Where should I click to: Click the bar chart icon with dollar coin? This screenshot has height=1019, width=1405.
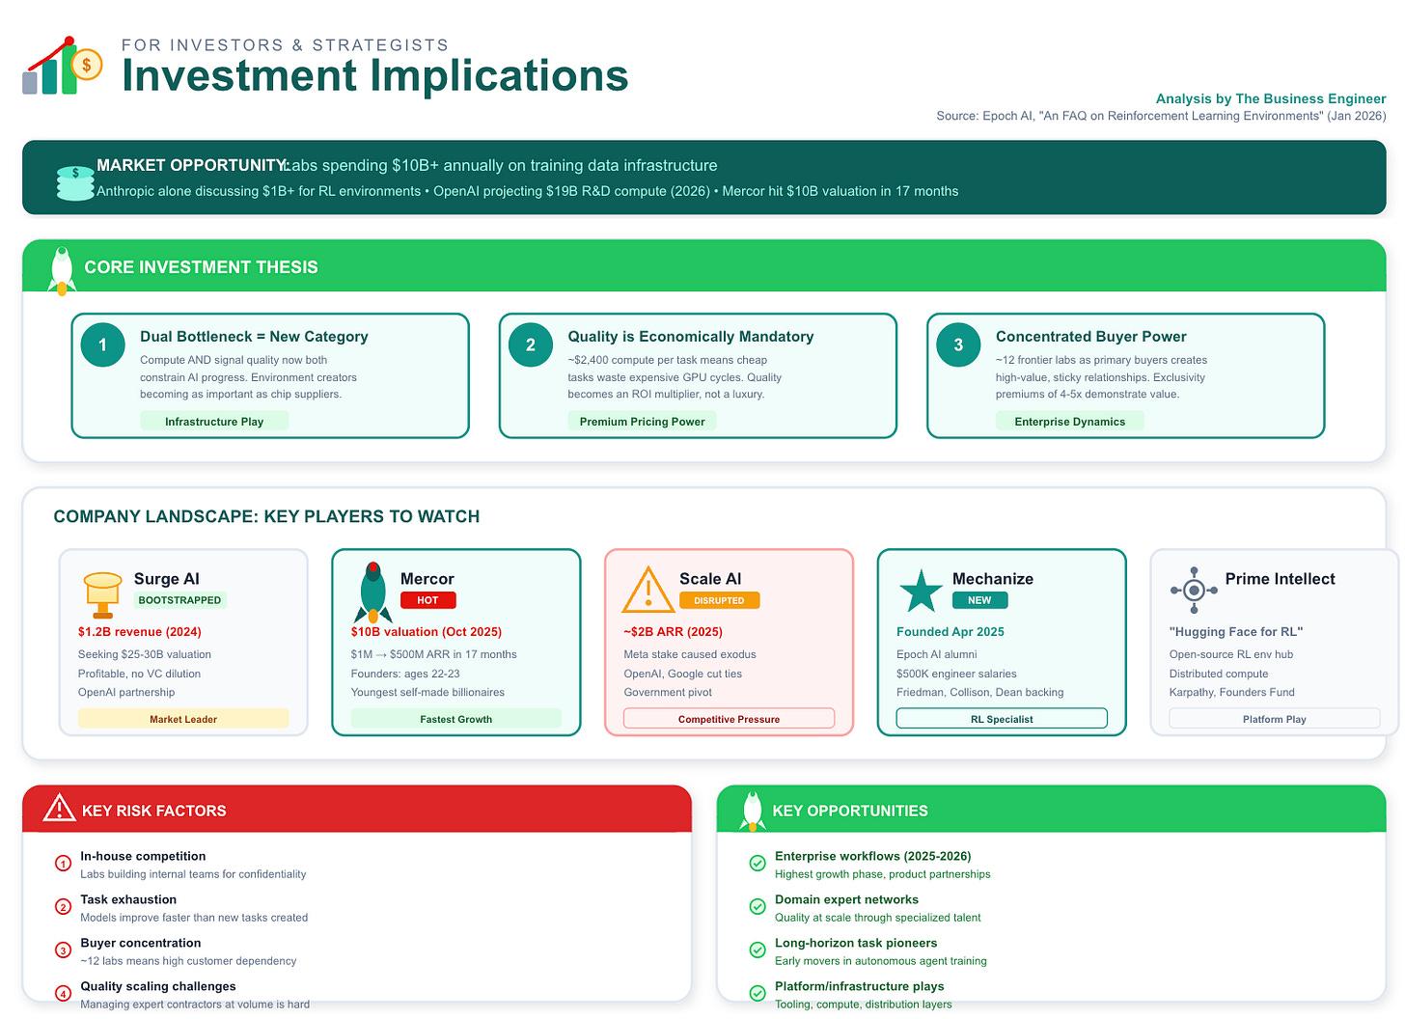point(62,67)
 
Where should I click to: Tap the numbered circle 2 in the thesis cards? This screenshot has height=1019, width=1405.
point(530,344)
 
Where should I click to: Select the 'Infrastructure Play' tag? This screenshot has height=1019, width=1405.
point(214,422)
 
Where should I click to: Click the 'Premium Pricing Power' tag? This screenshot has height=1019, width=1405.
point(642,422)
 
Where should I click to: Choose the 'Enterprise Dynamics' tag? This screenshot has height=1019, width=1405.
point(1069,422)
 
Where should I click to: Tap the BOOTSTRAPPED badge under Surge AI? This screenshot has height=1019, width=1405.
point(179,600)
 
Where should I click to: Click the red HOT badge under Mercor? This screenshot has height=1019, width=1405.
point(427,600)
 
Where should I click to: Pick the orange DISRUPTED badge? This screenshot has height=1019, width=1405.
point(719,600)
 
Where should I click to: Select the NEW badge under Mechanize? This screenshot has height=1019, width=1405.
point(979,600)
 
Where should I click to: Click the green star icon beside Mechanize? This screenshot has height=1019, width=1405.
point(920,591)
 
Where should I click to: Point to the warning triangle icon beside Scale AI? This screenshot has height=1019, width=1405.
point(647,590)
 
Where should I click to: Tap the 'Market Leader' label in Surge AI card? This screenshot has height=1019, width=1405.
point(183,719)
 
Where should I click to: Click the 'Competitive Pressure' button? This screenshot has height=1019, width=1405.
point(729,719)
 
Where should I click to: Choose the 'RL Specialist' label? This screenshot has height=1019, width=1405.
point(1002,719)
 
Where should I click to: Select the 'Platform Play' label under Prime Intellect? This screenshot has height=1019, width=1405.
point(1274,719)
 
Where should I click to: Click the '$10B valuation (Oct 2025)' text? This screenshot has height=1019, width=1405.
point(427,632)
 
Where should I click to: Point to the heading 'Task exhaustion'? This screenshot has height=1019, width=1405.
point(128,899)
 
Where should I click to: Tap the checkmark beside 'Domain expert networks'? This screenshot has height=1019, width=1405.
point(758,906)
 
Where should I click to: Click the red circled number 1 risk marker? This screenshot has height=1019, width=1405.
point(63,864)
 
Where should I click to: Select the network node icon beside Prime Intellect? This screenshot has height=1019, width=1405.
point(1194,591)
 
